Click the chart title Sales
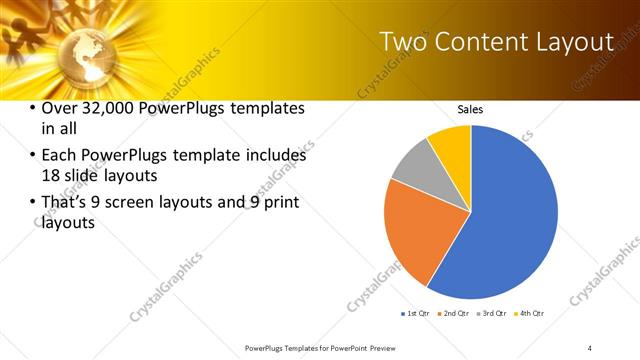[471, 108]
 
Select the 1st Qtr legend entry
[416, 314]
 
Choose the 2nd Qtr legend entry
[456, 314]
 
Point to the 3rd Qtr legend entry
[493, 314]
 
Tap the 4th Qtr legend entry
[530, 314]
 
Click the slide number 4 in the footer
[590, 348]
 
